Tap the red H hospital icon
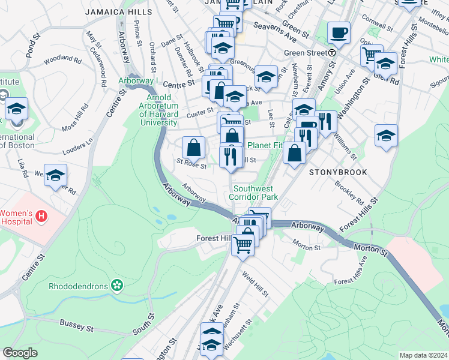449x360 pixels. (x=41, y=216)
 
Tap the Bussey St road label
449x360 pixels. (x=76, y=326)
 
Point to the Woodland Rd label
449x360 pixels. (x=62, y=59)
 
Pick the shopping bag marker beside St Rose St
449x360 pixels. (x=194, y=147)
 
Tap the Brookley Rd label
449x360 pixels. (x=349, y=191)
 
